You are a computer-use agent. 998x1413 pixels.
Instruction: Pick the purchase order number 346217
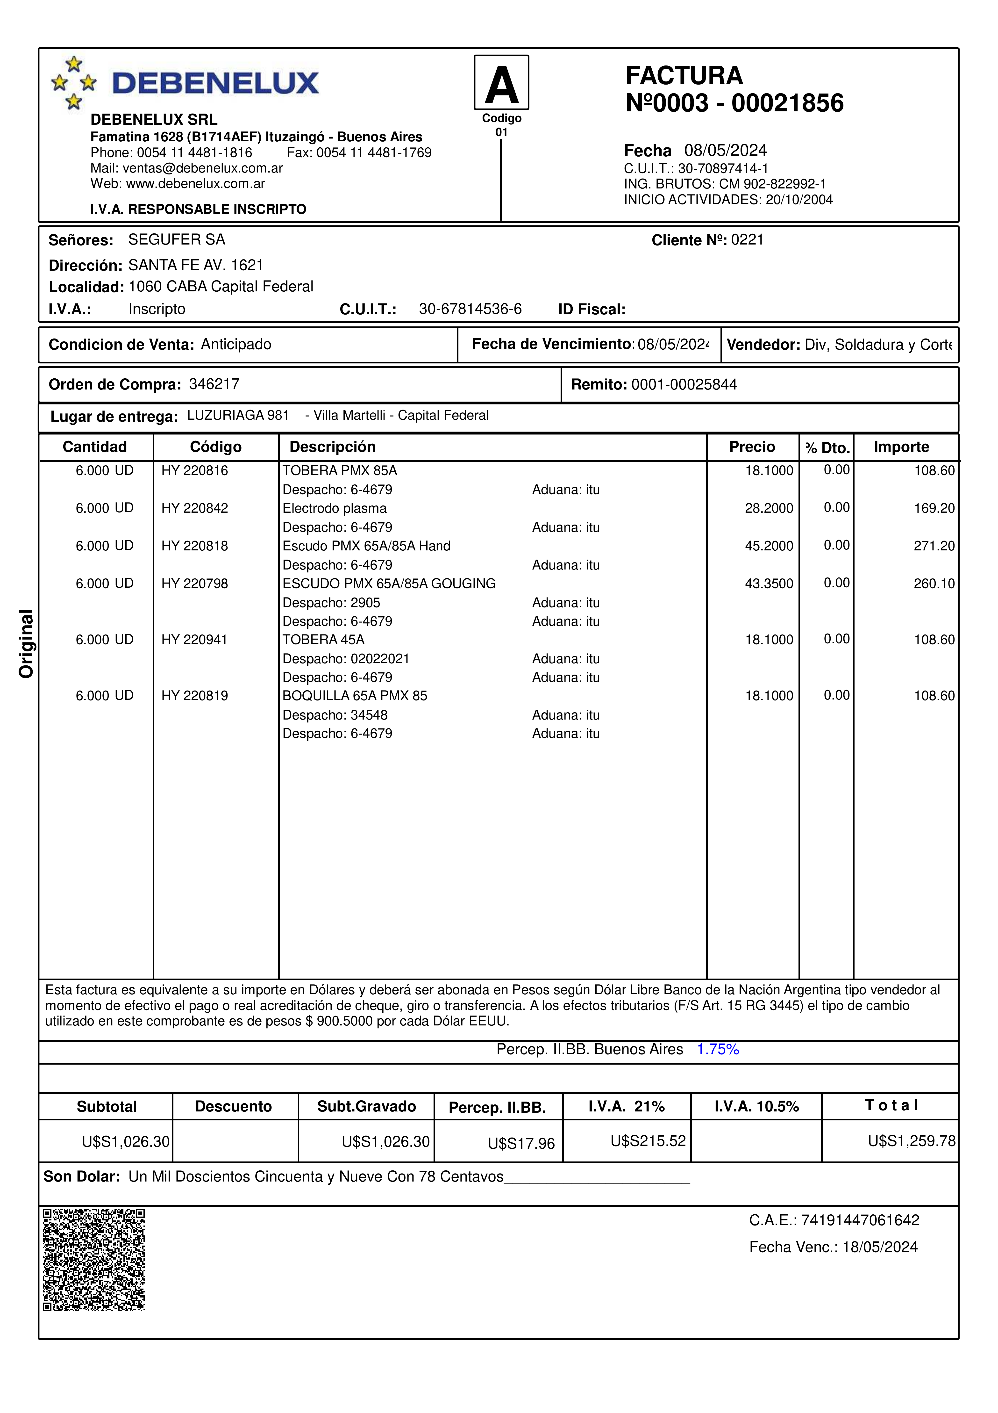coord(214,384)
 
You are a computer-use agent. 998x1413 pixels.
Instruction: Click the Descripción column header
coord(332,447)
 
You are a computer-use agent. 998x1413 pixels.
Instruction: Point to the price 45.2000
coord(769,546)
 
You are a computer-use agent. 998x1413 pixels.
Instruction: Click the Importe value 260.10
coord(934,584)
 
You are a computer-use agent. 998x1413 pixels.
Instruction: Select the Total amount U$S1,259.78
coord(911,1141)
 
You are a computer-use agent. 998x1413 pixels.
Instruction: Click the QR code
coord(93,1260)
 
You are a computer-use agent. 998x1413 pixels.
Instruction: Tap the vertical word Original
coord(26,644)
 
